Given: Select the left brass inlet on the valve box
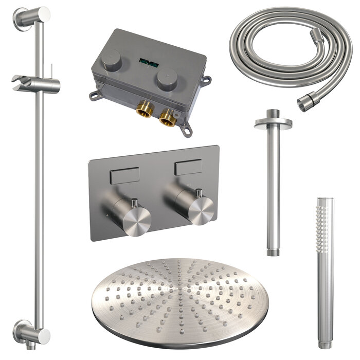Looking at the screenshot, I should [x=145, y=110].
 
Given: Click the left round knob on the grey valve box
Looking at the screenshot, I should [x=111, y=60].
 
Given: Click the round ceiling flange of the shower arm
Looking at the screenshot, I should [x=273, y=122].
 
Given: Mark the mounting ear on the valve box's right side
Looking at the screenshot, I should [x=207, y=80].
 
